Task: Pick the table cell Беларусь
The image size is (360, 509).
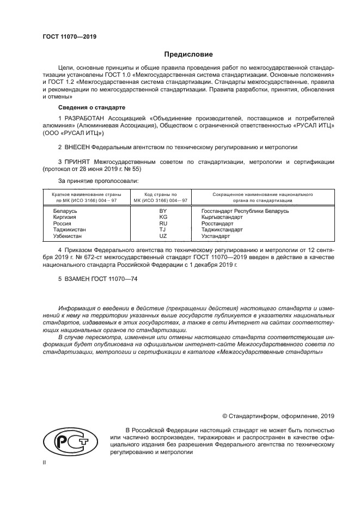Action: (x=65, y=211)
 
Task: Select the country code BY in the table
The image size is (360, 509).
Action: (x=162, y=211)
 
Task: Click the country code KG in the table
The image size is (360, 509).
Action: (x=162, y=217)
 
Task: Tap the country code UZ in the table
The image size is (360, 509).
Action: (x=162, y=236)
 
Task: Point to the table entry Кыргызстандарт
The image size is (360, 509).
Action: (x=222, y=217)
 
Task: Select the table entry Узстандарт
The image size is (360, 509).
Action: (x=216, y=236)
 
